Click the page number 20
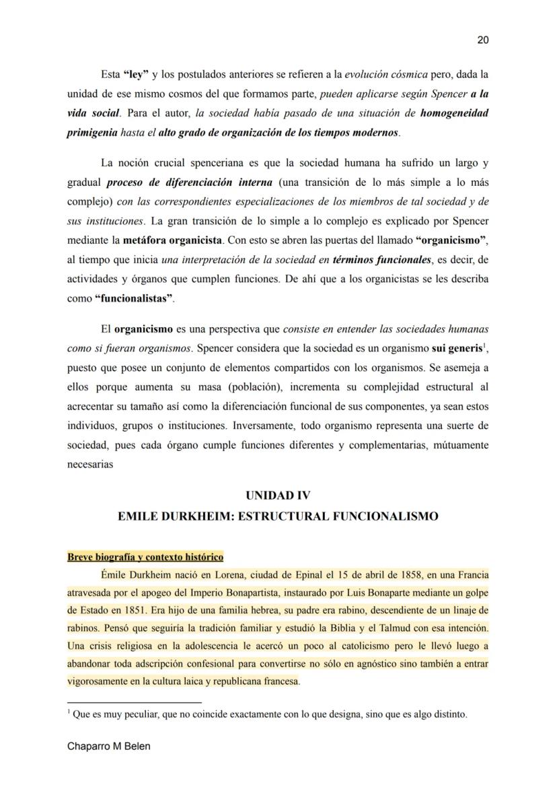[482, 40]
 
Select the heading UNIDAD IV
[278, 495]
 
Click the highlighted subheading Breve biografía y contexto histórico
[145, 557]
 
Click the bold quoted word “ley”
[135, 73]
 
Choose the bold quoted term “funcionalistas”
[134, 299]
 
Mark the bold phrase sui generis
[455, 349]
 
